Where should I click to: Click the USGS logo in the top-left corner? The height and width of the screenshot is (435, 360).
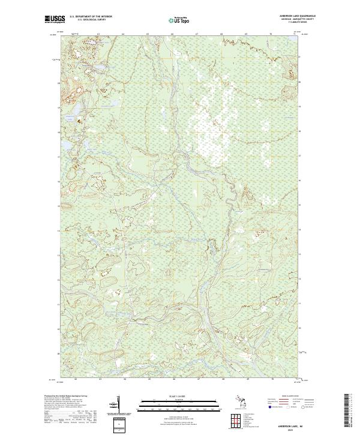(55, 20)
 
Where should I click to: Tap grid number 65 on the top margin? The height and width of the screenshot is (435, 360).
(148, 35)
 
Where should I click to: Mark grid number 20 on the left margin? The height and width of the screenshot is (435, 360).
(59, 83)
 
